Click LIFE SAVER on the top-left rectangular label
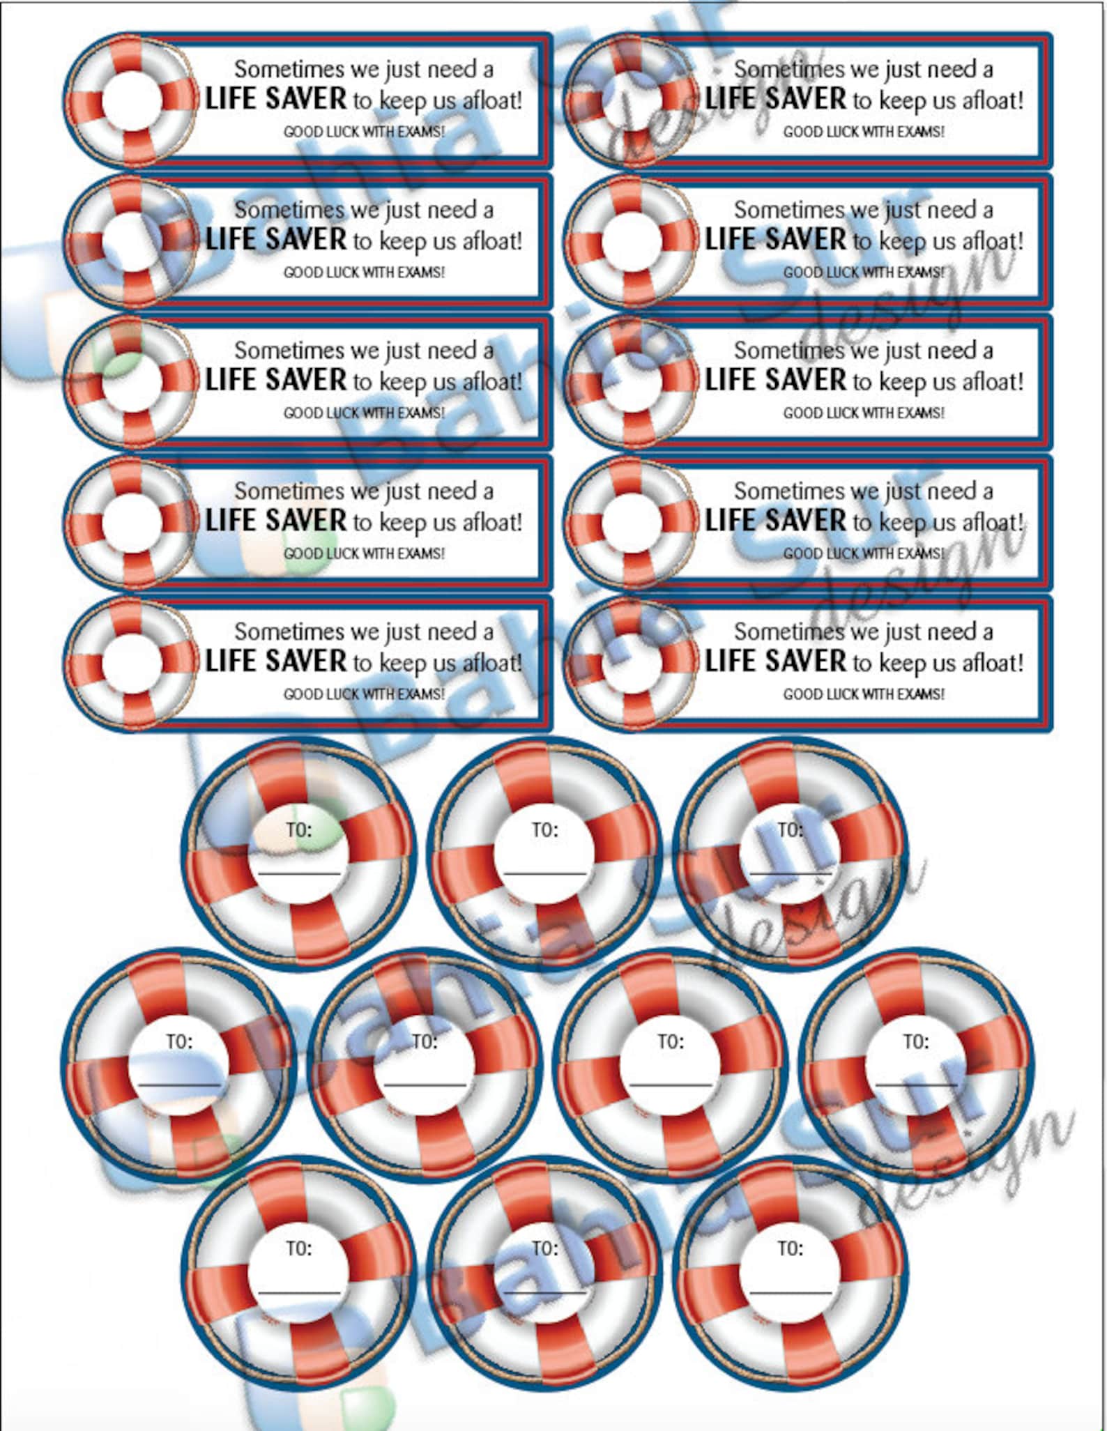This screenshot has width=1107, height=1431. tap(275, 98)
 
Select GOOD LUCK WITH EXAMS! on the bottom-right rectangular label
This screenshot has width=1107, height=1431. tap(863, 694)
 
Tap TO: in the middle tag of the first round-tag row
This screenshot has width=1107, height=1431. tap(544, 829)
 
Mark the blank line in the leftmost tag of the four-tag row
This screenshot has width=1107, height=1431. tap(179, 1084)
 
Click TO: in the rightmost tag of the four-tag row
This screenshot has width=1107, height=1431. tap(915, 1041)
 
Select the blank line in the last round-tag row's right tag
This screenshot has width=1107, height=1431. tap(790, 1293)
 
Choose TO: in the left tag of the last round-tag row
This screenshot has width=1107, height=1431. tap(299, 1248)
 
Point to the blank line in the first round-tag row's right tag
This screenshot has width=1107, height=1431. tap(790, 873)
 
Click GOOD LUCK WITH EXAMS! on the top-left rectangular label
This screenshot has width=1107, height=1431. tap(363, 132)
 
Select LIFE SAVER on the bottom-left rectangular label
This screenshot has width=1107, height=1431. tap(275, 661)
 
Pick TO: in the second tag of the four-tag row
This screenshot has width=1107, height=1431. tap(425, 1041)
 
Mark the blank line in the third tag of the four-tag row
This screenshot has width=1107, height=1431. tap(670, 1084)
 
